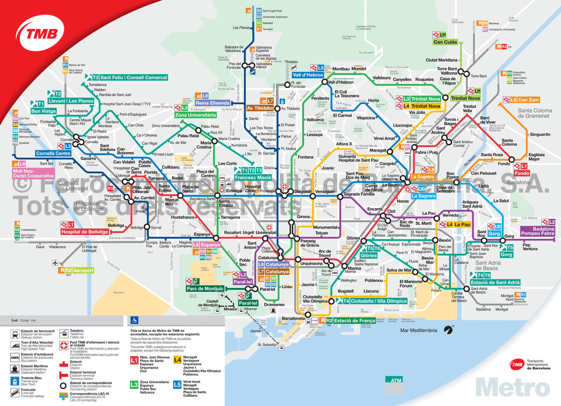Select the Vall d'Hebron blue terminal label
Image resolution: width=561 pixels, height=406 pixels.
pos(308,75)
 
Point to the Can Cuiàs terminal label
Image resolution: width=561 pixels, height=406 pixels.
pos(445,42)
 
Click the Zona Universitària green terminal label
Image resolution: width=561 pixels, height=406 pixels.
pos(195,115)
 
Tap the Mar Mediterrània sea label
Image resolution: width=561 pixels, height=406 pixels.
pos(419,330)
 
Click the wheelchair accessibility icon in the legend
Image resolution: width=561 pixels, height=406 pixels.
pos(134,319)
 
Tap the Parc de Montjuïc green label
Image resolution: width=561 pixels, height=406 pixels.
pos(205,288)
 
